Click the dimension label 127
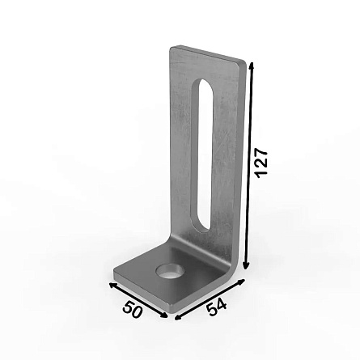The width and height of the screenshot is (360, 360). pyautogui.click(x=261, y=163)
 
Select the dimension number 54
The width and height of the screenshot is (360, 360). pyautogui.click(x=217, y=307)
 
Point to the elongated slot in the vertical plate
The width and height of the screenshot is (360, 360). pyautogui.click(x=202, y=155)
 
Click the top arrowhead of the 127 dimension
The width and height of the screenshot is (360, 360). pyautogui.click(x=251, y=66)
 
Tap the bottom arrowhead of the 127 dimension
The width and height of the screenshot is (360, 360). pyautogui.click(x=246, y=265)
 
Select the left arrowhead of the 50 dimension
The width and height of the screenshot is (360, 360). pyautogui.click(x=112, y=286)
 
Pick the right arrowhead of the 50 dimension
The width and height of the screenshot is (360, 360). pyautogui.click(x=163, y=315)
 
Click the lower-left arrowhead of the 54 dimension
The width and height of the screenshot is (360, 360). pyautogui.click(x=179, y=317)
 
